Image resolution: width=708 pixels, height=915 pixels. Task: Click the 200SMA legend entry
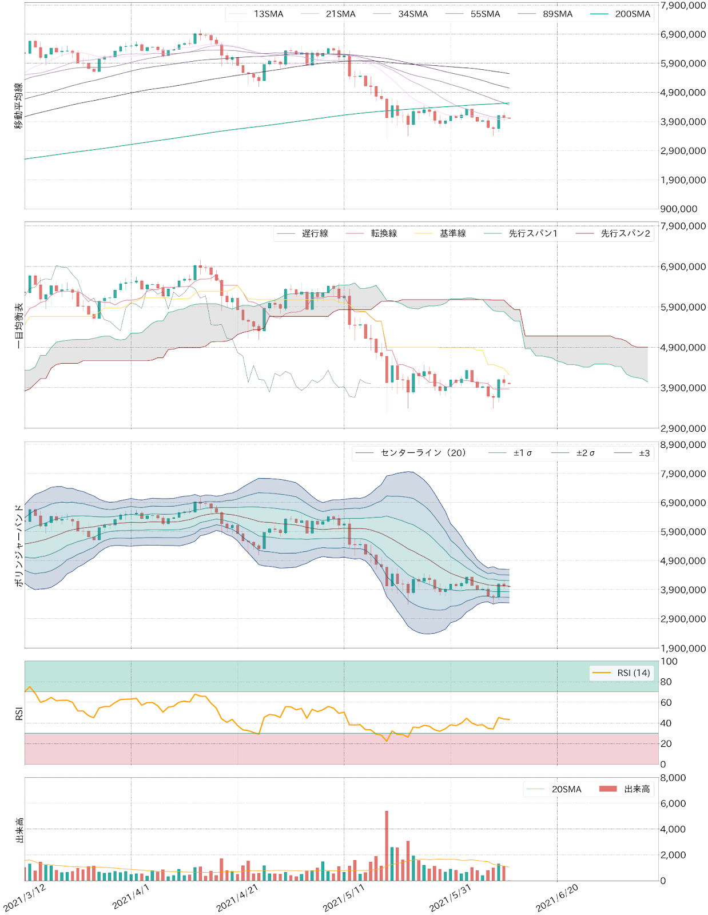point(632,14)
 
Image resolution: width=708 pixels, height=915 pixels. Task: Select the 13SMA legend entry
point(268,14)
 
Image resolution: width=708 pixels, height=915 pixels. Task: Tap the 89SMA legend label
point(558,14)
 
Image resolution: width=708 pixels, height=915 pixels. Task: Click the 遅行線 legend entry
point(315,233)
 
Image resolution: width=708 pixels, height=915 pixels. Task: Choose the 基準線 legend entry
point(452,233)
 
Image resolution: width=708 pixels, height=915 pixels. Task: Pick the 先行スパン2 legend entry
point(625,233)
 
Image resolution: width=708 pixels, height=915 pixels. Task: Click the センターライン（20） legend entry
point(423,453)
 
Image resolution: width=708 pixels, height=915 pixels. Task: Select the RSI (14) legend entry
point(633,673)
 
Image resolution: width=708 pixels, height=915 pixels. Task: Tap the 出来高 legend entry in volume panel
point(637,789)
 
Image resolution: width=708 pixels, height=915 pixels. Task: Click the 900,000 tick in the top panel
point(680,209)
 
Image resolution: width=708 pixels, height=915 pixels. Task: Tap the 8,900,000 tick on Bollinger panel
point(683,445)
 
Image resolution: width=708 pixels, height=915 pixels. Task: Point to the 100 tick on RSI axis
point(669,662)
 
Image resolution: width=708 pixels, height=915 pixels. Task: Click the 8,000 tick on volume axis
point(673,778)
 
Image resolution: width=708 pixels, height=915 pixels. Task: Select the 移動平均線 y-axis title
point(19,106)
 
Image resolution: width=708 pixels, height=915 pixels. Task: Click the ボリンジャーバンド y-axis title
point(19,546)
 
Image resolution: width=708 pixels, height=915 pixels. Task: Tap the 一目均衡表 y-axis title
point(19,326)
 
